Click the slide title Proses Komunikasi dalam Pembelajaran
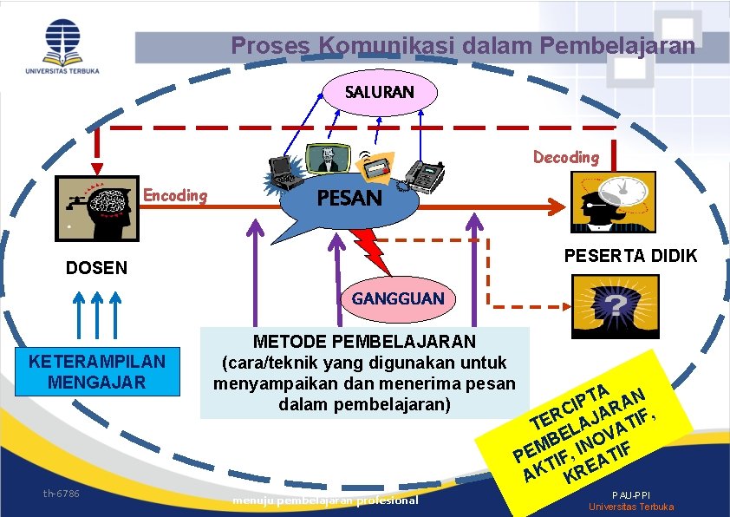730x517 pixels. (x=463, y=45)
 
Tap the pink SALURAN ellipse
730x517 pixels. (x=380, y=91)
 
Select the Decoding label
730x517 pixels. (x=565, y=157)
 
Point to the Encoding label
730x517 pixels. (x=175, y=195)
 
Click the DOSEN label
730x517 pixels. (x=96, y=268)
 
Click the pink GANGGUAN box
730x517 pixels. (x=397, y=298)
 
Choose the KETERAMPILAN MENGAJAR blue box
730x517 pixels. (x=96, y=370)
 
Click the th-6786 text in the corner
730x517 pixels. (x=62, y=494)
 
